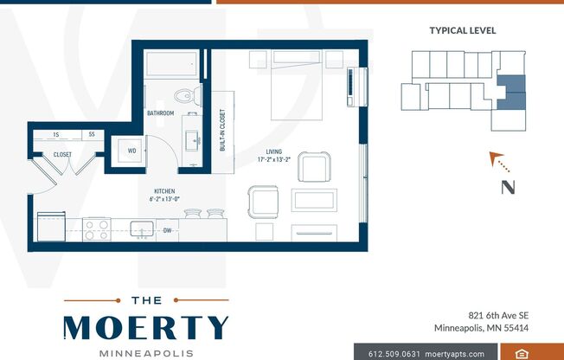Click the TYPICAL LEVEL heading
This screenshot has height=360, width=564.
[x=463, y=30]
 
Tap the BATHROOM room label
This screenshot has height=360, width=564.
[x=160, y=113]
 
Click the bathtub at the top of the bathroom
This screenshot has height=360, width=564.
[x=172, y=64]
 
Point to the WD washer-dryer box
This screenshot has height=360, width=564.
[x=132, y=151]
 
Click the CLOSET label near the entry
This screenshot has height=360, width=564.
[x=62, y=155]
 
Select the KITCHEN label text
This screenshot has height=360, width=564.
[x=164, y=191]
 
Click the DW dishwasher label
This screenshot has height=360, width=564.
[x=167, y=230]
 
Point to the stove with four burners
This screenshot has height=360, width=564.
[x=96, y=229]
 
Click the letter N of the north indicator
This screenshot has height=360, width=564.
[x=509, y=186]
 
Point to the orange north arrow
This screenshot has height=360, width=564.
[x=497, y=159]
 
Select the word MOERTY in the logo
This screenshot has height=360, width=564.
[x=145, y=327]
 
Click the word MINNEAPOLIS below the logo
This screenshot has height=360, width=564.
[x=145, y=354]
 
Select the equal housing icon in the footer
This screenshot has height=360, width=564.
[x=522, y=353]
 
